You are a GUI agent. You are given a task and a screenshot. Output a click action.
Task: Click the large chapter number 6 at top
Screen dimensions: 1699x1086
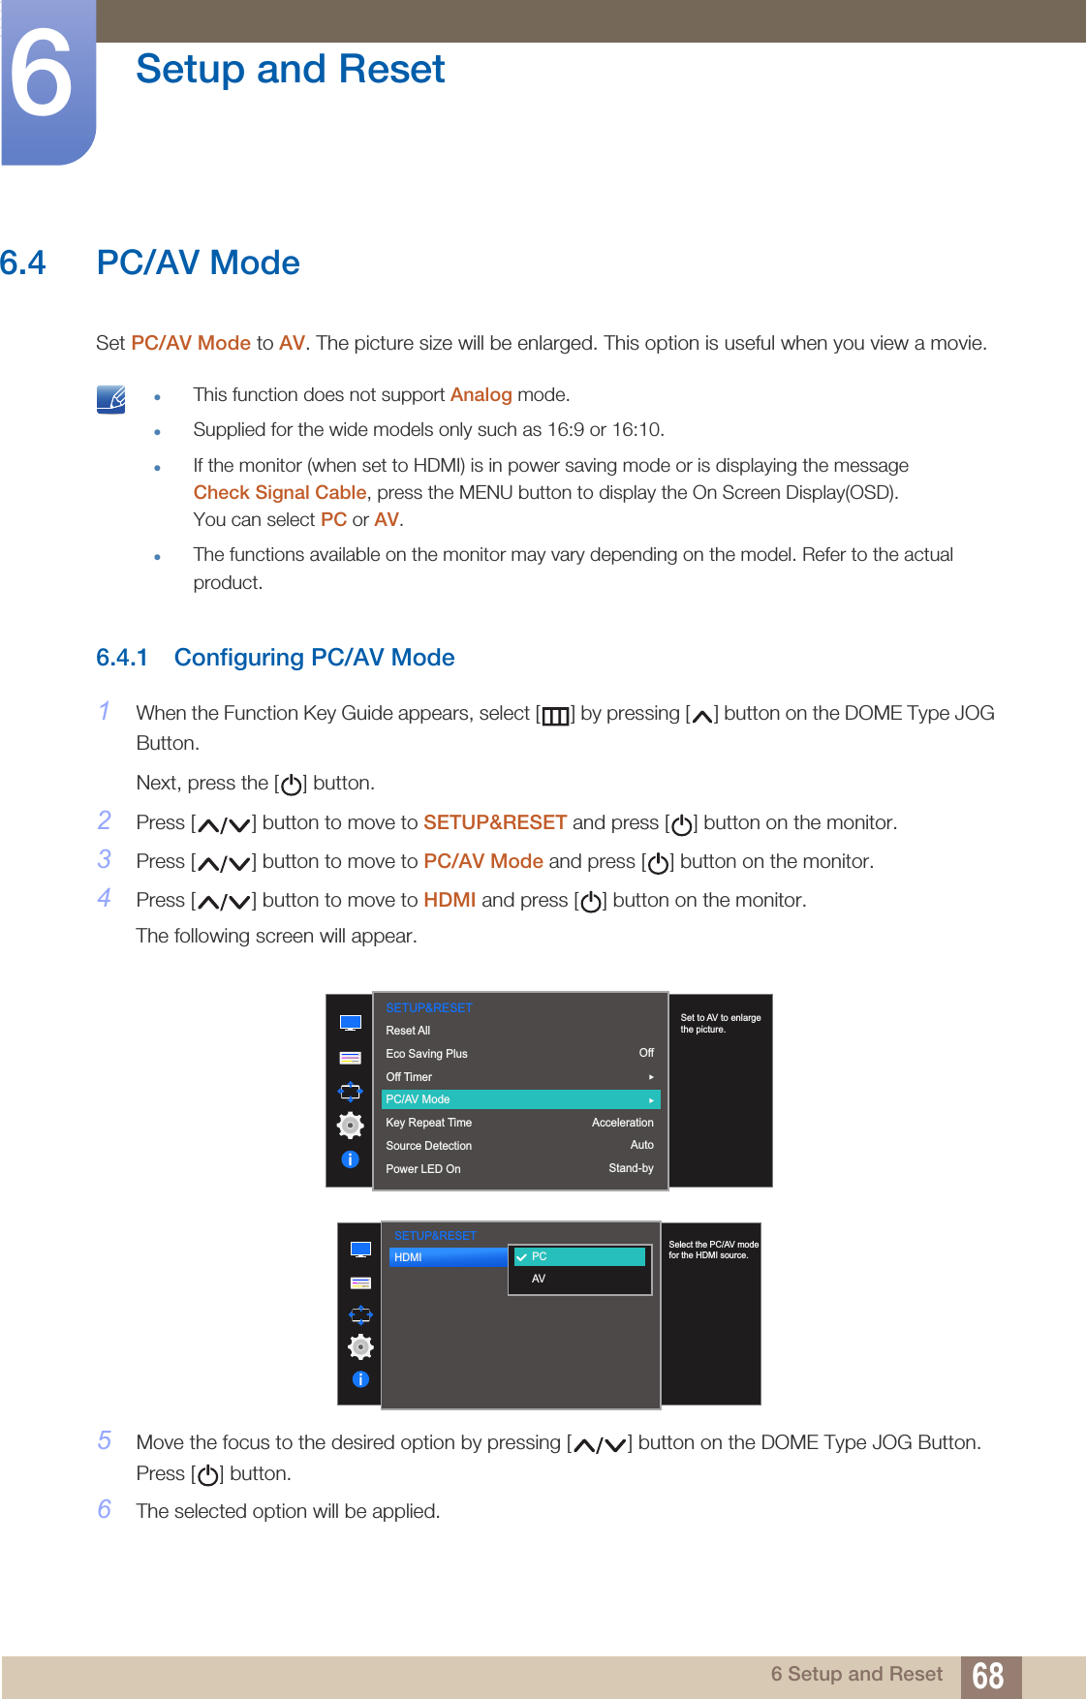coord(41,76)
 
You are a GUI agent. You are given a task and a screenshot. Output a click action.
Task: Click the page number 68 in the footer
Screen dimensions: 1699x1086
coord(987,1676)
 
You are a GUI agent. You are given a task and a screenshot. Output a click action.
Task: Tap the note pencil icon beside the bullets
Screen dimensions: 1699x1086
coord(111,399)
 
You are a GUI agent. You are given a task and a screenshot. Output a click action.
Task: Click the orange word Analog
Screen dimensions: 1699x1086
coord(481,395)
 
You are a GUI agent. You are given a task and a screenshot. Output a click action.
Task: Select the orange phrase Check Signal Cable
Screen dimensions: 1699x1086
coord(279,493)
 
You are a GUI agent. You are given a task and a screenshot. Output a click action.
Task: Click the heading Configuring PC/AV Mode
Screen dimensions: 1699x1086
coord(314,658)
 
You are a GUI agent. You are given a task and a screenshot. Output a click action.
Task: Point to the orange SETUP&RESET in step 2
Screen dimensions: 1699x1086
coord(494,822)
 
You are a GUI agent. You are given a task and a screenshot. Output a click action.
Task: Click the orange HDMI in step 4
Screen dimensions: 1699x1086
coord(450,900)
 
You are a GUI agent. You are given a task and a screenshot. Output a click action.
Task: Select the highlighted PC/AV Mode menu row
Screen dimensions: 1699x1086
coord(520,1099)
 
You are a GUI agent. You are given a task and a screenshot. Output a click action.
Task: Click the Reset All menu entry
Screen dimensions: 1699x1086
coord(408,1031)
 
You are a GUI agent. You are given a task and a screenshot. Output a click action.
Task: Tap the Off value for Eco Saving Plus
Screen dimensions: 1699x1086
coord(646,1053)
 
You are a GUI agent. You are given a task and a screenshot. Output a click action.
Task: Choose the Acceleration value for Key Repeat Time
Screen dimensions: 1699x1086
coord(622,1123)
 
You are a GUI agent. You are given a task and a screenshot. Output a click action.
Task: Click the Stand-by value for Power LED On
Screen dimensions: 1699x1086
coord(631,1168)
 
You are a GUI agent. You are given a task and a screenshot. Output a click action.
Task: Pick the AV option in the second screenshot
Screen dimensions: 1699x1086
coord(539,1279)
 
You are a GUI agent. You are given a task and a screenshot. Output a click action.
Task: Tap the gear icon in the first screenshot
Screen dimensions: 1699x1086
coord(350,1125)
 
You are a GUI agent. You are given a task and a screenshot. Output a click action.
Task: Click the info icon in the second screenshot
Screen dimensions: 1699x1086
coord(360,1379)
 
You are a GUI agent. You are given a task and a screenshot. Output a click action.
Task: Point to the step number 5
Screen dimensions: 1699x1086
coord(105,1440)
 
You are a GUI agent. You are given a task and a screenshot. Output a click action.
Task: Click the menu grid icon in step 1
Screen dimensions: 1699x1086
coord(555,716)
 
